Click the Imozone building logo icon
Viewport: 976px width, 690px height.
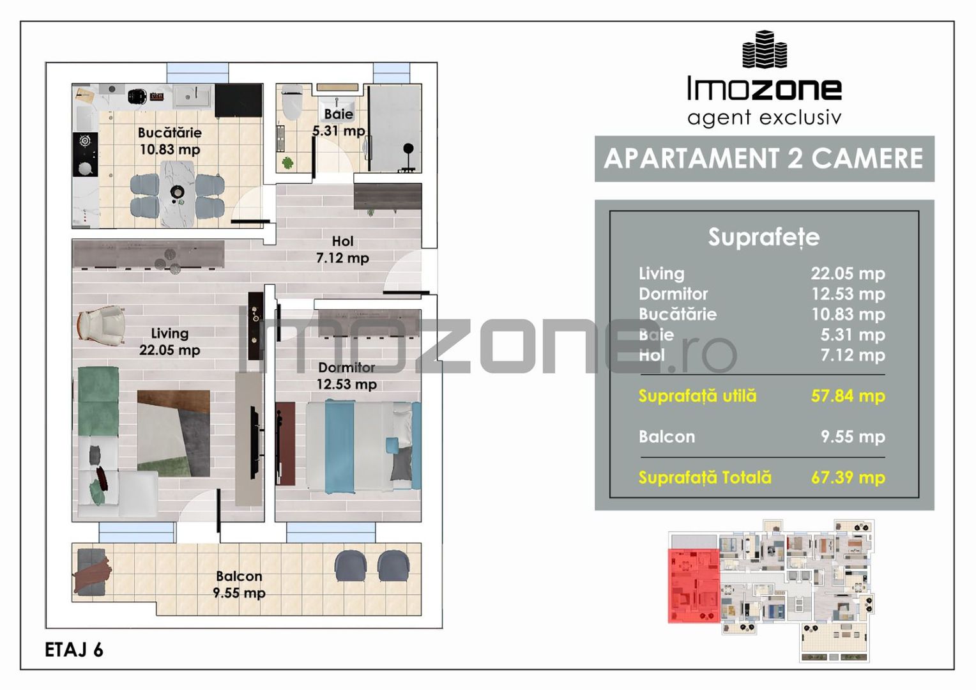pyautogui.click(x=765, y=49)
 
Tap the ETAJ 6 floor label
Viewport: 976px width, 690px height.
pyautogui.click(x=74, y=650)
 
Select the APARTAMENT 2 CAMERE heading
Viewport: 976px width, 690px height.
pyautogui.click(x=763, y=158)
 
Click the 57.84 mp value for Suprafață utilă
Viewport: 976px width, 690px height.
pyautogui.click(x=848, y=395)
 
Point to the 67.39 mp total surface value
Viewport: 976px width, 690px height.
pyautogui.click(x=848, y=477)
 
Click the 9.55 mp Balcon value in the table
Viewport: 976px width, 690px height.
pyautogui.click(x=853, y=436)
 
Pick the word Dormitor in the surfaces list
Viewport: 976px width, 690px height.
pyautogui.click(x=673, y=294)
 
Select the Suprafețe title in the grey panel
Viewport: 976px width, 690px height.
pyautogui.click(x=764, y=238)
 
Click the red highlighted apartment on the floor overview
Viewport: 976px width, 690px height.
pyautogui.click(x=694, y=585)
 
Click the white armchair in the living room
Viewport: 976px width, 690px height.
pyautogui.click(x=101, y=325)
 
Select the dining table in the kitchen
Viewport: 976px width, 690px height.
pyautogui.click(x=177, y=194)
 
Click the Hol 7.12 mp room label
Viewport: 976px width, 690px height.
pyautogui.click(x=342, y=250)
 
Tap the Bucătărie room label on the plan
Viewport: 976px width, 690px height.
pyautogui.click(x=169, y=132)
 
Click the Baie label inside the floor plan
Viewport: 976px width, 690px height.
pyautogui.click(x=339, y=114)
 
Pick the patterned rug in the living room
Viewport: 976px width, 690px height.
pyautogui.click(x=173, y=434)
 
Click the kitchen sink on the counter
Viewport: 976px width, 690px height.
pyautogui.click(x=193, y=96)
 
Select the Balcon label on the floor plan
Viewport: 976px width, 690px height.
pyautogui.click(x=239, y=576)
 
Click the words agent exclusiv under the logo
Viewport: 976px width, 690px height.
pyautogui.click(x=764, y=118)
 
